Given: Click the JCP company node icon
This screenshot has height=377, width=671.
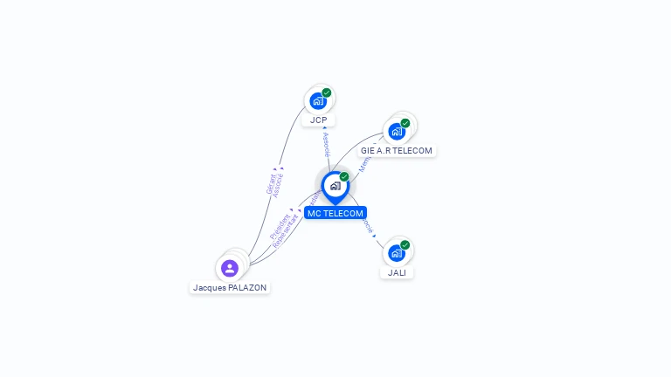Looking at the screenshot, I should point(318,101).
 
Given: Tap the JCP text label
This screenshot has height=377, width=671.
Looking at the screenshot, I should point(318,120).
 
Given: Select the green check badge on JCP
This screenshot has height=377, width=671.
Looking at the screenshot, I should point(327,93).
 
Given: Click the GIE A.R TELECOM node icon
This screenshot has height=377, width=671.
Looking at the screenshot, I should point(398,132).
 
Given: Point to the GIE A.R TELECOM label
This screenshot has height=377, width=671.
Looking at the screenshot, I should point(397,150).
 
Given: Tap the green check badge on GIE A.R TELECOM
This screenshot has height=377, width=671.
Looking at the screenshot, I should point(405,123).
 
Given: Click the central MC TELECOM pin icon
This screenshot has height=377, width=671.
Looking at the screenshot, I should point(335,186).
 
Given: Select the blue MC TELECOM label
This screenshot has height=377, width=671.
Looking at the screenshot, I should point(335,213).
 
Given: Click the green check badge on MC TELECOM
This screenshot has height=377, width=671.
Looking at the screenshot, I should point(344,177).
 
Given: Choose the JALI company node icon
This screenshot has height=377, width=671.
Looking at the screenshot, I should point(397,254).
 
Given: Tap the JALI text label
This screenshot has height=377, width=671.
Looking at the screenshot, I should point(398,272).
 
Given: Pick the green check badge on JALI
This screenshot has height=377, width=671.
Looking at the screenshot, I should point(405,245).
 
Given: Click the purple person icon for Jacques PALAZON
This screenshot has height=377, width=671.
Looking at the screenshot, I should point(230,268).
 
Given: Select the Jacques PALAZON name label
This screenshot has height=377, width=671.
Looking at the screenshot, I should point(230,287).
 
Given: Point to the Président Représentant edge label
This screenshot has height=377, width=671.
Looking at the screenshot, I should point(283,230).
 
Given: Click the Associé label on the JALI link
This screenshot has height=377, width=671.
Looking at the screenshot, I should point(368,226).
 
